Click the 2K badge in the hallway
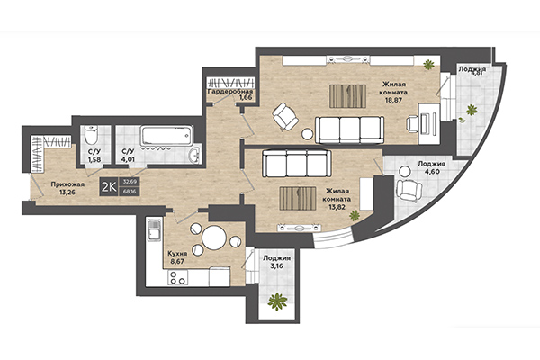[108, 186]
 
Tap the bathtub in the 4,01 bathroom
[168, 137]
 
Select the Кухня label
[177, 255]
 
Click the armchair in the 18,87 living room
[286, 115]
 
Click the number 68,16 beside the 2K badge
[130, 190]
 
